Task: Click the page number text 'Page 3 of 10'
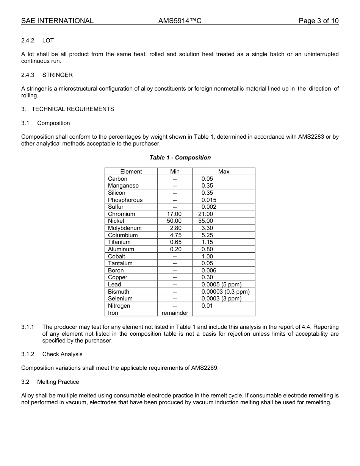pos(318,21)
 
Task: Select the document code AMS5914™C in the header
pos(180,21)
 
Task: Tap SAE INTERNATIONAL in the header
pos(57,21)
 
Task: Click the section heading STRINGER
pos(57,75)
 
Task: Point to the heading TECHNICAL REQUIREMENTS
pos(72,109)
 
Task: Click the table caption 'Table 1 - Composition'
pos(180,158)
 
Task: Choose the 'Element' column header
pos(131,172)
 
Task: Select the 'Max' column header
pos(224,172)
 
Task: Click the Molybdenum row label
pos(125,228)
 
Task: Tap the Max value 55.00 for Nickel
pos(206,221)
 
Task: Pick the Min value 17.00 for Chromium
pos(174,214)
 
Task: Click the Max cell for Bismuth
pos(225,292)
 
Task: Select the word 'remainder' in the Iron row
pos(175,313)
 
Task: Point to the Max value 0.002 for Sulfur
pos(209,207)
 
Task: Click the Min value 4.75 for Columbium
pos(175,235)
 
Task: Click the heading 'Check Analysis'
pos(62,354)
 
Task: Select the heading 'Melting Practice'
pos(58,382)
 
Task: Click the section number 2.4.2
pos(28,41)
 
